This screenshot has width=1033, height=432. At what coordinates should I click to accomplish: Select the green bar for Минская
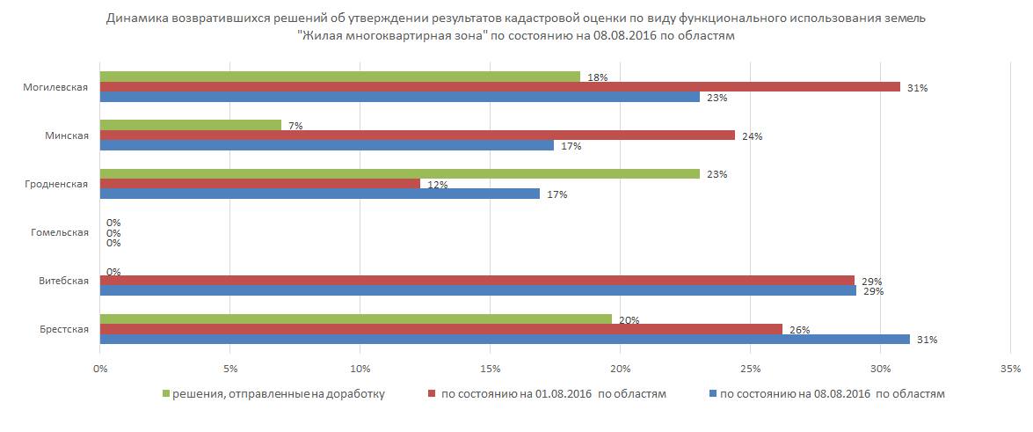[190, 125]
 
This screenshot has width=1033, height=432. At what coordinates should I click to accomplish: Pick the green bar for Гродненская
[399, 173]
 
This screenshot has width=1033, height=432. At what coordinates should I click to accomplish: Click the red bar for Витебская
[476, 281]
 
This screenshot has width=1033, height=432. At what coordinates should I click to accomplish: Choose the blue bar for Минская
[326, 145]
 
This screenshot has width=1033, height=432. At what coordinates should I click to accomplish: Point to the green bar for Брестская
[355, 319]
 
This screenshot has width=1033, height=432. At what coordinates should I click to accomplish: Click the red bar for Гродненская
[259, 183]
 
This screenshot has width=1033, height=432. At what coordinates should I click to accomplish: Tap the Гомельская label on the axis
[60, 232]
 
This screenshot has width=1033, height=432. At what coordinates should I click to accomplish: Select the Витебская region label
[63, 281]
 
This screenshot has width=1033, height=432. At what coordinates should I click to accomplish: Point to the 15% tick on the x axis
[490, 367]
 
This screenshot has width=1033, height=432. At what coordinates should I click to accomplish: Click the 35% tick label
[1010, 367]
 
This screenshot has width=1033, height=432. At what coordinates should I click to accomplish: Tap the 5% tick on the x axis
[229, 367]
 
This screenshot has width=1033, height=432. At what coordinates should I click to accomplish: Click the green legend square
[165, 394]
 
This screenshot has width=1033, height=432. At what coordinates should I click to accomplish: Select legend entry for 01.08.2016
[546, 394]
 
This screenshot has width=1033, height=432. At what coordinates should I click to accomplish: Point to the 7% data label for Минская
[295, 126]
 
